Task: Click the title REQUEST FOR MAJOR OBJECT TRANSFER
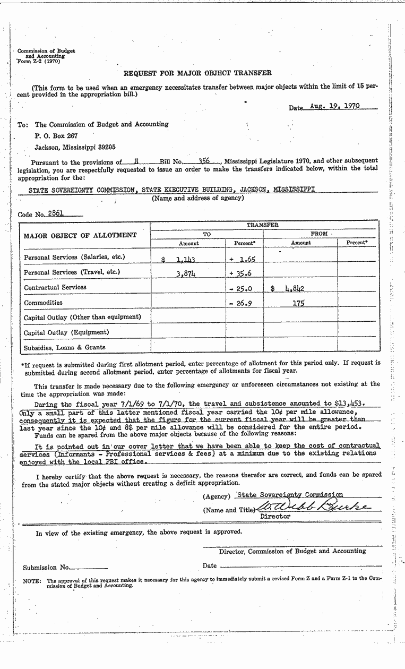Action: coord(197,73)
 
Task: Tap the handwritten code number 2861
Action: coord(56,213)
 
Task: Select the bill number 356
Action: coord(204,160)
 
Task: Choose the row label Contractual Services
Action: coord(55,287)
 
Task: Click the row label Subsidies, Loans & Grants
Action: coord(65,347)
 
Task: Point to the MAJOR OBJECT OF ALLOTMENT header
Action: coord(80,235)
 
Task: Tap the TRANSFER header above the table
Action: coord(262,225)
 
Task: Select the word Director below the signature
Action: coord(275,516)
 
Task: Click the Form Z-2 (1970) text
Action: coord(39,62)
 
